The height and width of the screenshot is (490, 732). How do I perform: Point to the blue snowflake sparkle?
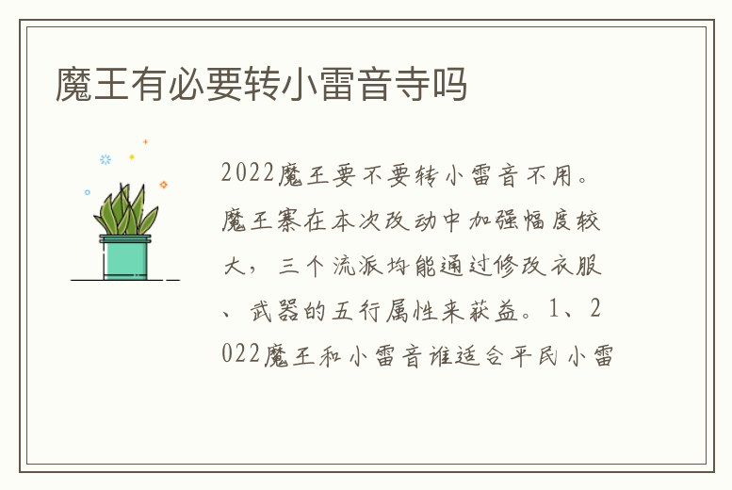tap(106, 159)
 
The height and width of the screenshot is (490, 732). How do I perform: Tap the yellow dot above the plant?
tap(132, 157)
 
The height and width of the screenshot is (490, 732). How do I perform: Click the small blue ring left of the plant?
tap(88, 192)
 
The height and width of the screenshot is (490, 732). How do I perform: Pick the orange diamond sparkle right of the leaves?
tap(163, 185)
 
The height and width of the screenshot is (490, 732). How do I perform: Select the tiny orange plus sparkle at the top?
tap(145, 141)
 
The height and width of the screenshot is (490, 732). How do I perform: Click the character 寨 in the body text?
tap(296, 221)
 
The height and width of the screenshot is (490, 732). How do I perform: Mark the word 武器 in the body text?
tap(272, 311)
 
